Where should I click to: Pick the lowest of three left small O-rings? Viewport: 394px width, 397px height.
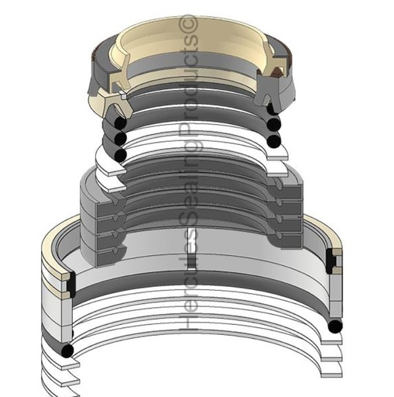119,154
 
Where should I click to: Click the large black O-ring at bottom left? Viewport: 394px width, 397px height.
69,350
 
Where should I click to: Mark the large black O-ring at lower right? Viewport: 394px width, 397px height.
334,327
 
